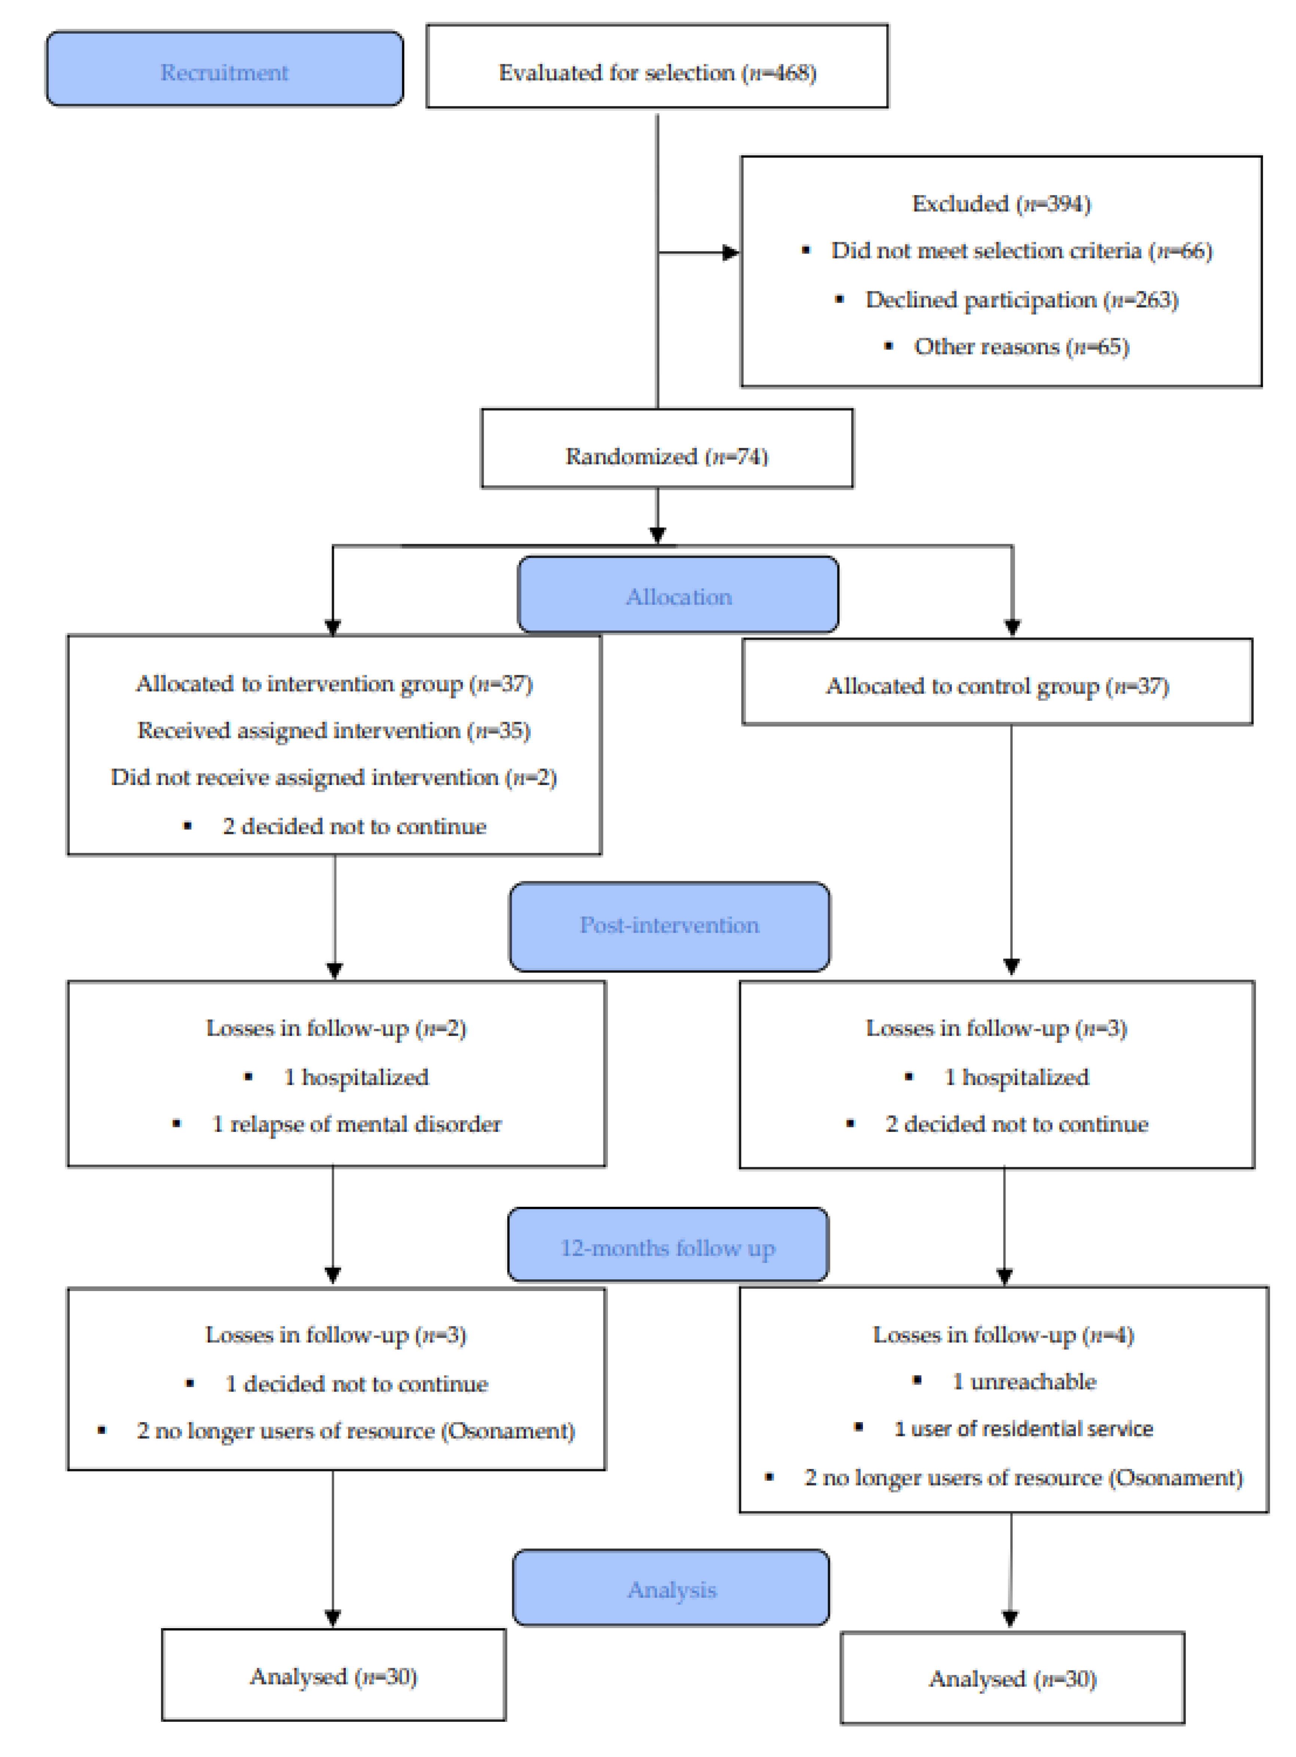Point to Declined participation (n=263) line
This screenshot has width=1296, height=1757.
coord(1022,300)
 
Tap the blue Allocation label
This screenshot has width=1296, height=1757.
coord(679,596)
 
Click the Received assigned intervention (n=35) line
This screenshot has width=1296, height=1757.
coord(334,731)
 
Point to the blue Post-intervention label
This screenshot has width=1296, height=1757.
coord(669,925)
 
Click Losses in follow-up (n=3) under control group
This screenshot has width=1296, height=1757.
coord(996,1028)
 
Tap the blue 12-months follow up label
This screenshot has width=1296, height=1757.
coord(667,1248)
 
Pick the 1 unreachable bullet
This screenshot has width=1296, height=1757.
coord(1023,1381)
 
